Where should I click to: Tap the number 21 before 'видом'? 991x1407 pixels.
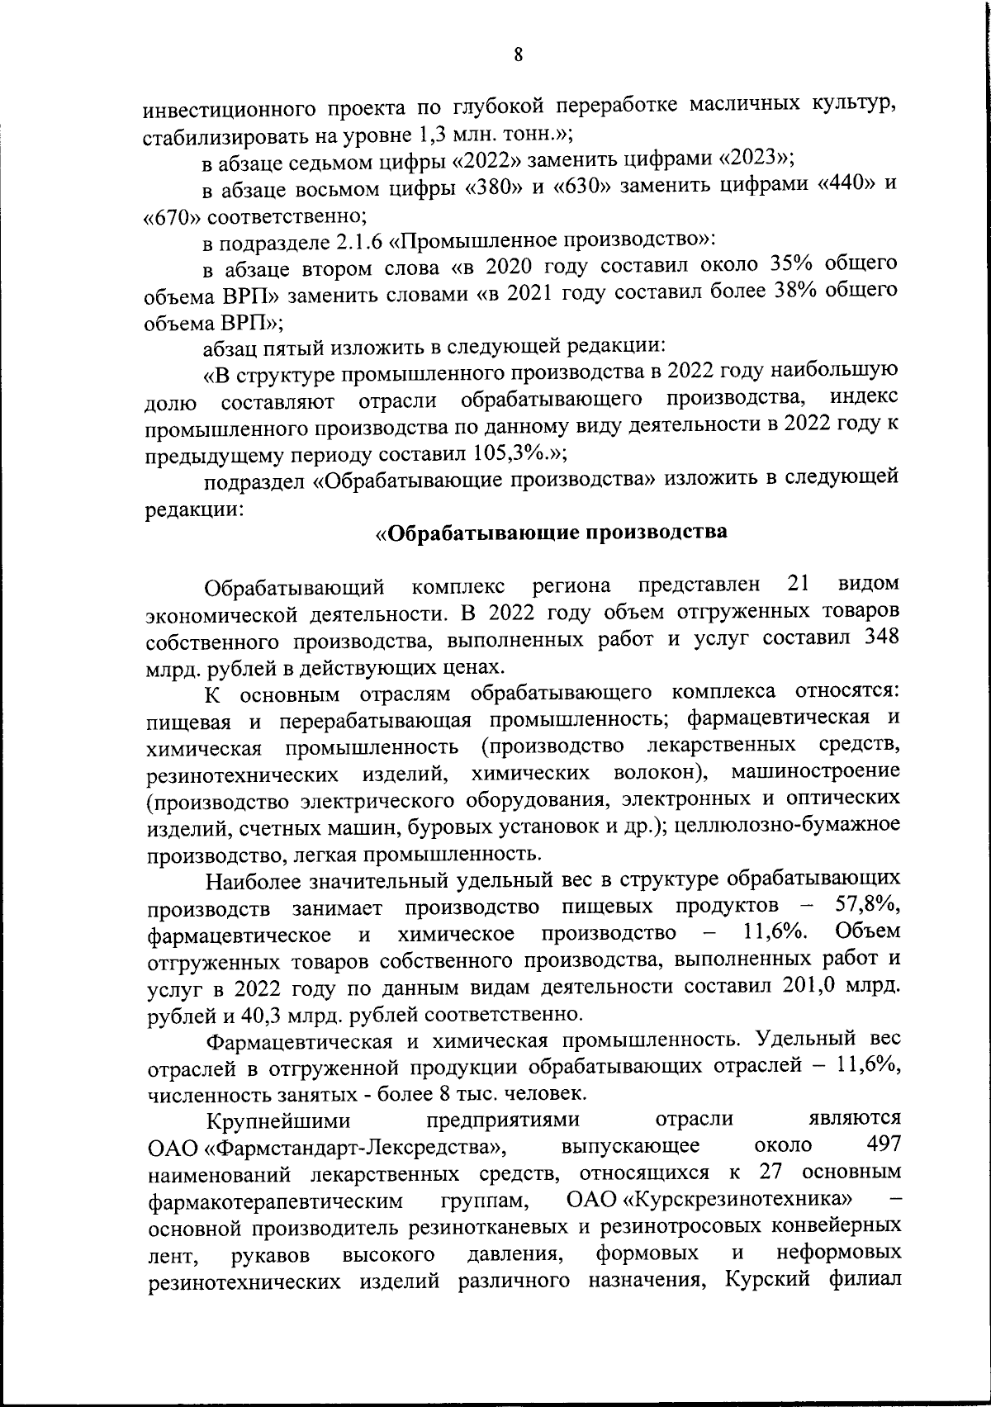coord(798,585)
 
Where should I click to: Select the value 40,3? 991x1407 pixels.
coord(263,1014)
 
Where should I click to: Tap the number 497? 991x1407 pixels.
coord(881,1146)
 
